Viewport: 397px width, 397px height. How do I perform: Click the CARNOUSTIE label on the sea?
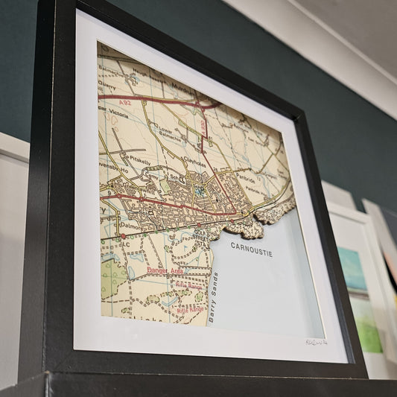click(x=251, y=249)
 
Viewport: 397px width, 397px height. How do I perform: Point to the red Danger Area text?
click(x=165, y=271)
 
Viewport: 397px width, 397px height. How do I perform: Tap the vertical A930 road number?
click(x=203, y=128)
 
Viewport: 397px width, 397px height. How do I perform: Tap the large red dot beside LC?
click(x=124, y=236)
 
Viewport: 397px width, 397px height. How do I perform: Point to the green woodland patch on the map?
click(x=112, y=279)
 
